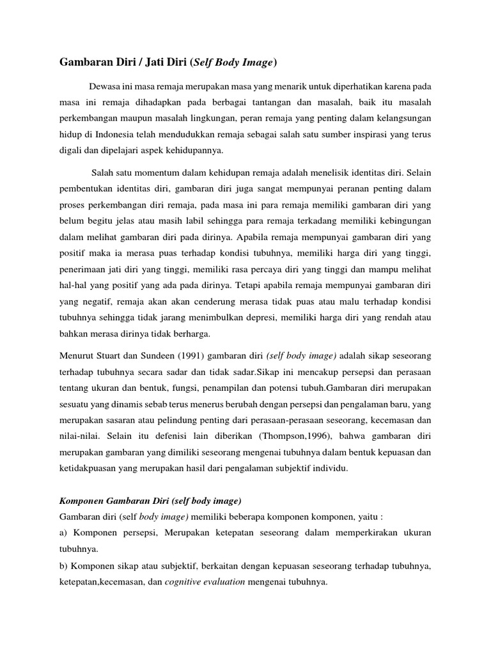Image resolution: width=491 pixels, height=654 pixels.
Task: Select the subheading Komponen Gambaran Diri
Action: (118, 501)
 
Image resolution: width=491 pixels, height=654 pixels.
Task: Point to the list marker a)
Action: (64, 532)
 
